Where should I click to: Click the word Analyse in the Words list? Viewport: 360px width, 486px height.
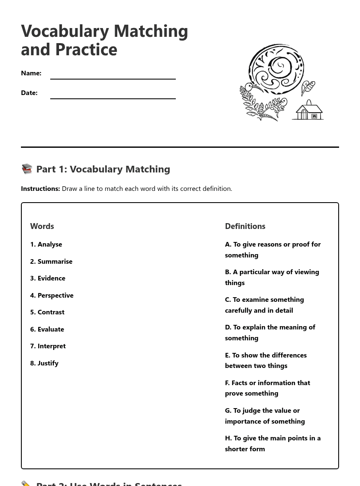click(x=49, y=244)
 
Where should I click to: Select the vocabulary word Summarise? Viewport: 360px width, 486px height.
click(x=55, y=262)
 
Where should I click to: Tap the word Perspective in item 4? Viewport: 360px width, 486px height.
click(x=55, y=296)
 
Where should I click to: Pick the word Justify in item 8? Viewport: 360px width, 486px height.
click(x=48, y=363)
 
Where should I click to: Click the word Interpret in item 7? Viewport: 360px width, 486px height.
click(x=51, y=346)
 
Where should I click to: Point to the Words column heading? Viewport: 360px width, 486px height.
click(x=42, y=226)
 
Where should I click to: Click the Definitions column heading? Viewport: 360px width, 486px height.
click(x=245, y=226)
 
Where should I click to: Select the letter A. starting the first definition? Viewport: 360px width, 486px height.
click(x=228, y=244)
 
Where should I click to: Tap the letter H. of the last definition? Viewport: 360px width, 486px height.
click(x=228, y=438)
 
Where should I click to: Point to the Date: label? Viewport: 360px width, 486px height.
click(x=29, y=93)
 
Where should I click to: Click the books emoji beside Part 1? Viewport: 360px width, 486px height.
click(x=27, y=169)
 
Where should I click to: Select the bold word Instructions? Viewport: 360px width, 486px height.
click(x=40, y=189)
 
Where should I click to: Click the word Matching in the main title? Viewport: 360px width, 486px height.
click(x=151, y=31)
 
